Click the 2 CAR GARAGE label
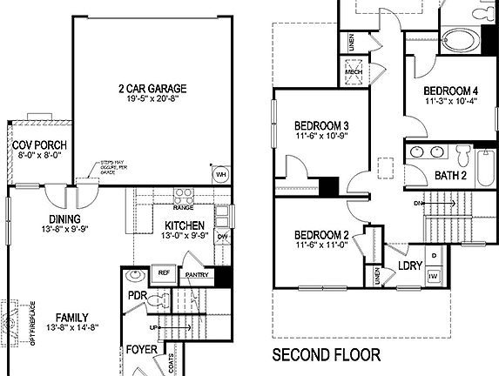pyautogui.click(x=154, y=88)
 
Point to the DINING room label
pyautogui.click(x=65, y=218)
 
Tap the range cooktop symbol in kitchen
pyautogui.click(x=184, y=195)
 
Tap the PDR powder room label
pyautogui.click(x=136, y=295)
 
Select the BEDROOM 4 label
pyautogui.click(x=451, y=91)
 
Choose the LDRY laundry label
pyautogui.click(x=410, y=265)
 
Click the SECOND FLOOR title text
pyautogui.click(x=327, y=354)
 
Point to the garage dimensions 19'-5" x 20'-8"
pyautogui.click(x=154, y=99)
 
